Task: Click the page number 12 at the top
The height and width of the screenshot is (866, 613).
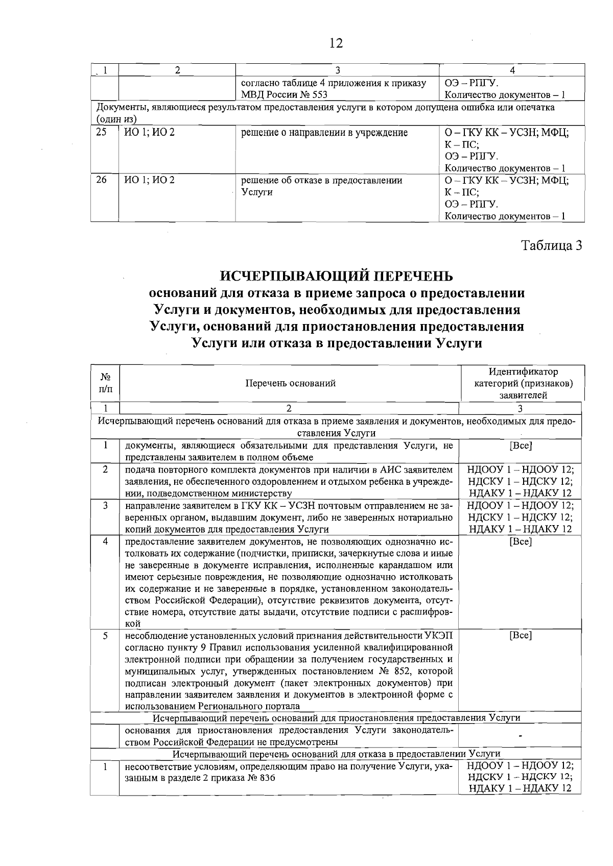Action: click(336, 43)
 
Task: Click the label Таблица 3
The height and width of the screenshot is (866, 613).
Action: click(551, 245)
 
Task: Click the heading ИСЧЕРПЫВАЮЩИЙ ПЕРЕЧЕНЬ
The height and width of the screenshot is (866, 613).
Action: click(336, 276)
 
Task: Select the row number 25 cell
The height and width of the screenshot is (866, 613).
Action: click(102, 132)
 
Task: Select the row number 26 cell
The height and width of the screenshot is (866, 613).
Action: click(102, 180)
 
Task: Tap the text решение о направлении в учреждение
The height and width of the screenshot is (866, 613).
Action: click(324, 133)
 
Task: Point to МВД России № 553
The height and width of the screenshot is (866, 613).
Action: click(284, 95)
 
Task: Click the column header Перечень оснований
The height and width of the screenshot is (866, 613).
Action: click(290, 383)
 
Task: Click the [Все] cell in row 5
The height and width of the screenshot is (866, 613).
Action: click(521, 636)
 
